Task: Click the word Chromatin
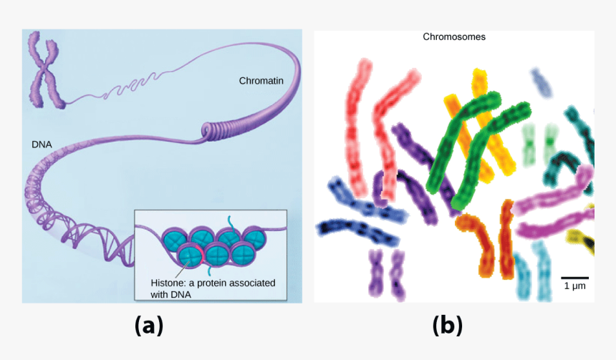[x=261, y=81]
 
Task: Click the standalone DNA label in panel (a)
[x=41, y=143]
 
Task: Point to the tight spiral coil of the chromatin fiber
[x=215, y=130]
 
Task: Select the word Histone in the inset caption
[x=167, y=283]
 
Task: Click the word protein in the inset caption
[x=211, y=283]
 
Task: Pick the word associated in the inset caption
[x=251, y=283]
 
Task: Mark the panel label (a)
[x=148, y=326]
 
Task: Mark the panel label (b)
[x=448, y=326]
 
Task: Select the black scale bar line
[x=574, y=277]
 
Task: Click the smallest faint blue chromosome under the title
[x=542, y=82]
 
